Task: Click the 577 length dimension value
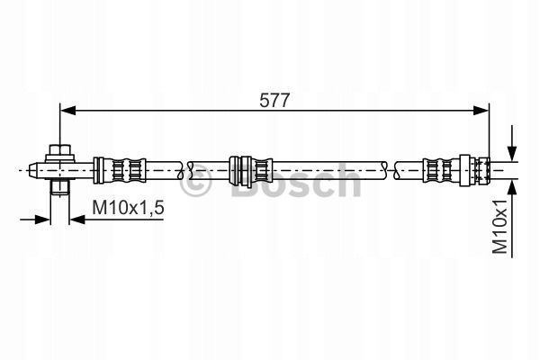274,101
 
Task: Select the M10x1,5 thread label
128,207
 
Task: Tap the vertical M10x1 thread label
500,226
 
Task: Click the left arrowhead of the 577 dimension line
67,111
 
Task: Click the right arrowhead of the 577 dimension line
481,111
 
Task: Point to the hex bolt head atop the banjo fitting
60,151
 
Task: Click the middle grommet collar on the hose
240,170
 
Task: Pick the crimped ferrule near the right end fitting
442,170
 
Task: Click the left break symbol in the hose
184,170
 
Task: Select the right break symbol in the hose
391,170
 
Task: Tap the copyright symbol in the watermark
195,182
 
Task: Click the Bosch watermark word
296,181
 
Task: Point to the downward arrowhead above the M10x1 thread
512,153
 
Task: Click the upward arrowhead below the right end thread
512,187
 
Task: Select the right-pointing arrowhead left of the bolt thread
43,219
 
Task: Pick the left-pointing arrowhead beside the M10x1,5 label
77,219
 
